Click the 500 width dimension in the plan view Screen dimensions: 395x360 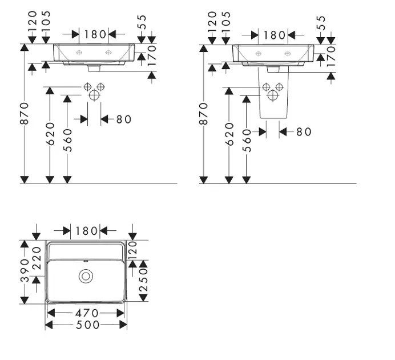pos(88,325)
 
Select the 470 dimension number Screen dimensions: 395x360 pos(87,313)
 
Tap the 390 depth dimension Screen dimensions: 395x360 pos(25,270)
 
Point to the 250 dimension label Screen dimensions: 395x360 pos(143,280)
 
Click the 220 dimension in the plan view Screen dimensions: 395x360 pos(37,258)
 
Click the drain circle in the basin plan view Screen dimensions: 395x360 pos(86,276)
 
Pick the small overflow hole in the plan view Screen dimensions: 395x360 pos(86,261)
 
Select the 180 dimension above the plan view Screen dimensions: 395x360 pos(86,231)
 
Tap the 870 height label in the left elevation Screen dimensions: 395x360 pos(25,113)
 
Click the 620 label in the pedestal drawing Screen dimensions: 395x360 pos(229,134)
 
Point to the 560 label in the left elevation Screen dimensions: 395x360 pos(67,141)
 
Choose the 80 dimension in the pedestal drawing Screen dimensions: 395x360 pos(304,131)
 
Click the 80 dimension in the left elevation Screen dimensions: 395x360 pos(124,119)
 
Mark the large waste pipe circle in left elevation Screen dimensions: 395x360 pos(94,95)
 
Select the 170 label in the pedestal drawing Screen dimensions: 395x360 pos(331,56)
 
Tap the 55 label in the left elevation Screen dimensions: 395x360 pos(142,22)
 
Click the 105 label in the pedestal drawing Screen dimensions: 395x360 pos(226,22)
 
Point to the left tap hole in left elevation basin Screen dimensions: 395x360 pos(79,53)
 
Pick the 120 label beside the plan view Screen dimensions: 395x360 pos(132,251)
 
